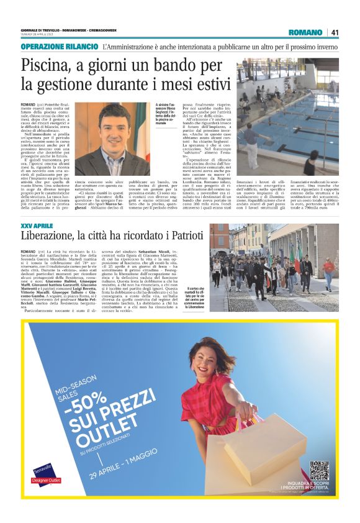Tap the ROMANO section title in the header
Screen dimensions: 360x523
click(306, 32)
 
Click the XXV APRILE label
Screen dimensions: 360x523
click(35, 225)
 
